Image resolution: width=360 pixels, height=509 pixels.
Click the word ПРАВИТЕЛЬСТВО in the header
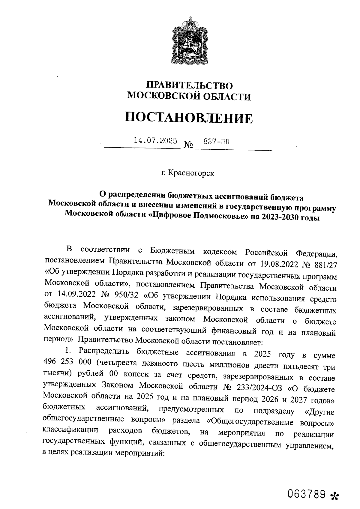(189, 86)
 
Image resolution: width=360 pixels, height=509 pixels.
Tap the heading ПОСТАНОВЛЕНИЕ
(189, 118)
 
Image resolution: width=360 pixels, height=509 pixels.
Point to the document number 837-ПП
(217, 141)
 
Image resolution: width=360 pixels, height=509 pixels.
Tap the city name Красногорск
(191, 173)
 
